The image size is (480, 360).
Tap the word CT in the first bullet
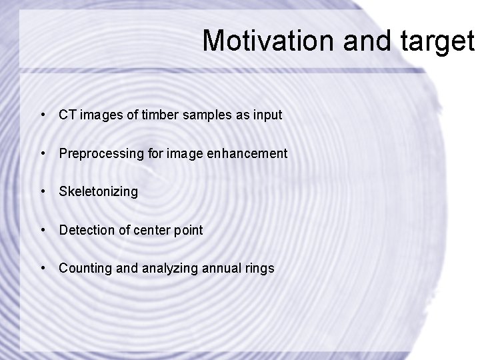click(67, 115)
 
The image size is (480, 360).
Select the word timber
click(145, 115)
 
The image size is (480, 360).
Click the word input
click(267, 115)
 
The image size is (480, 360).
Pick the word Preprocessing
click(100, 153)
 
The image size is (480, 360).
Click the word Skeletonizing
click(98, 192)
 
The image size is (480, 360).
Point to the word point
click(187, 231)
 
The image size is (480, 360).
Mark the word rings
click(259, 269)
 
